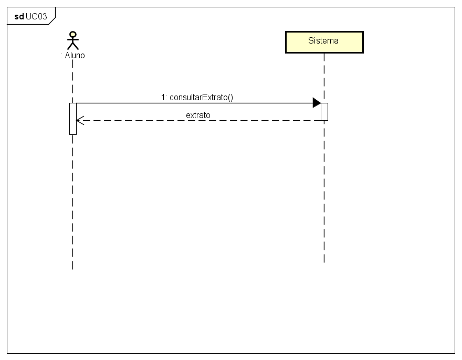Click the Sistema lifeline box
click(x=324, y=43)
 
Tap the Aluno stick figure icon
click(x=73, y=40)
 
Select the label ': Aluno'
click(x=72, y=55)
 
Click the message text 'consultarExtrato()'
click(x=201, y=97)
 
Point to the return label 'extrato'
click(x=198, y=114)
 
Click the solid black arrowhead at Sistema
click(x=317, y=103)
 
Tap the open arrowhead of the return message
click(x=79, y=120)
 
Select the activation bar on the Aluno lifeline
click(x=73, y=119)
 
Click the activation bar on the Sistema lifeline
click(x=324, y=111)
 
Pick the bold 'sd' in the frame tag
click(x=19, y=16)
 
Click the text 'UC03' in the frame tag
click(x=37, y=16)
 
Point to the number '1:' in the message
click(x=164, y=97)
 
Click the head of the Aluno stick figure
click(x=73, y=35)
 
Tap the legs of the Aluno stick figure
click(x=73, y=47)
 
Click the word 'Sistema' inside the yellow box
click(x=323, y=40)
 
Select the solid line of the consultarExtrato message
click(x=194, y=103)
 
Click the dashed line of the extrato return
click(x=199, y=120)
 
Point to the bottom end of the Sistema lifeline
click(x=324, y=261)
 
